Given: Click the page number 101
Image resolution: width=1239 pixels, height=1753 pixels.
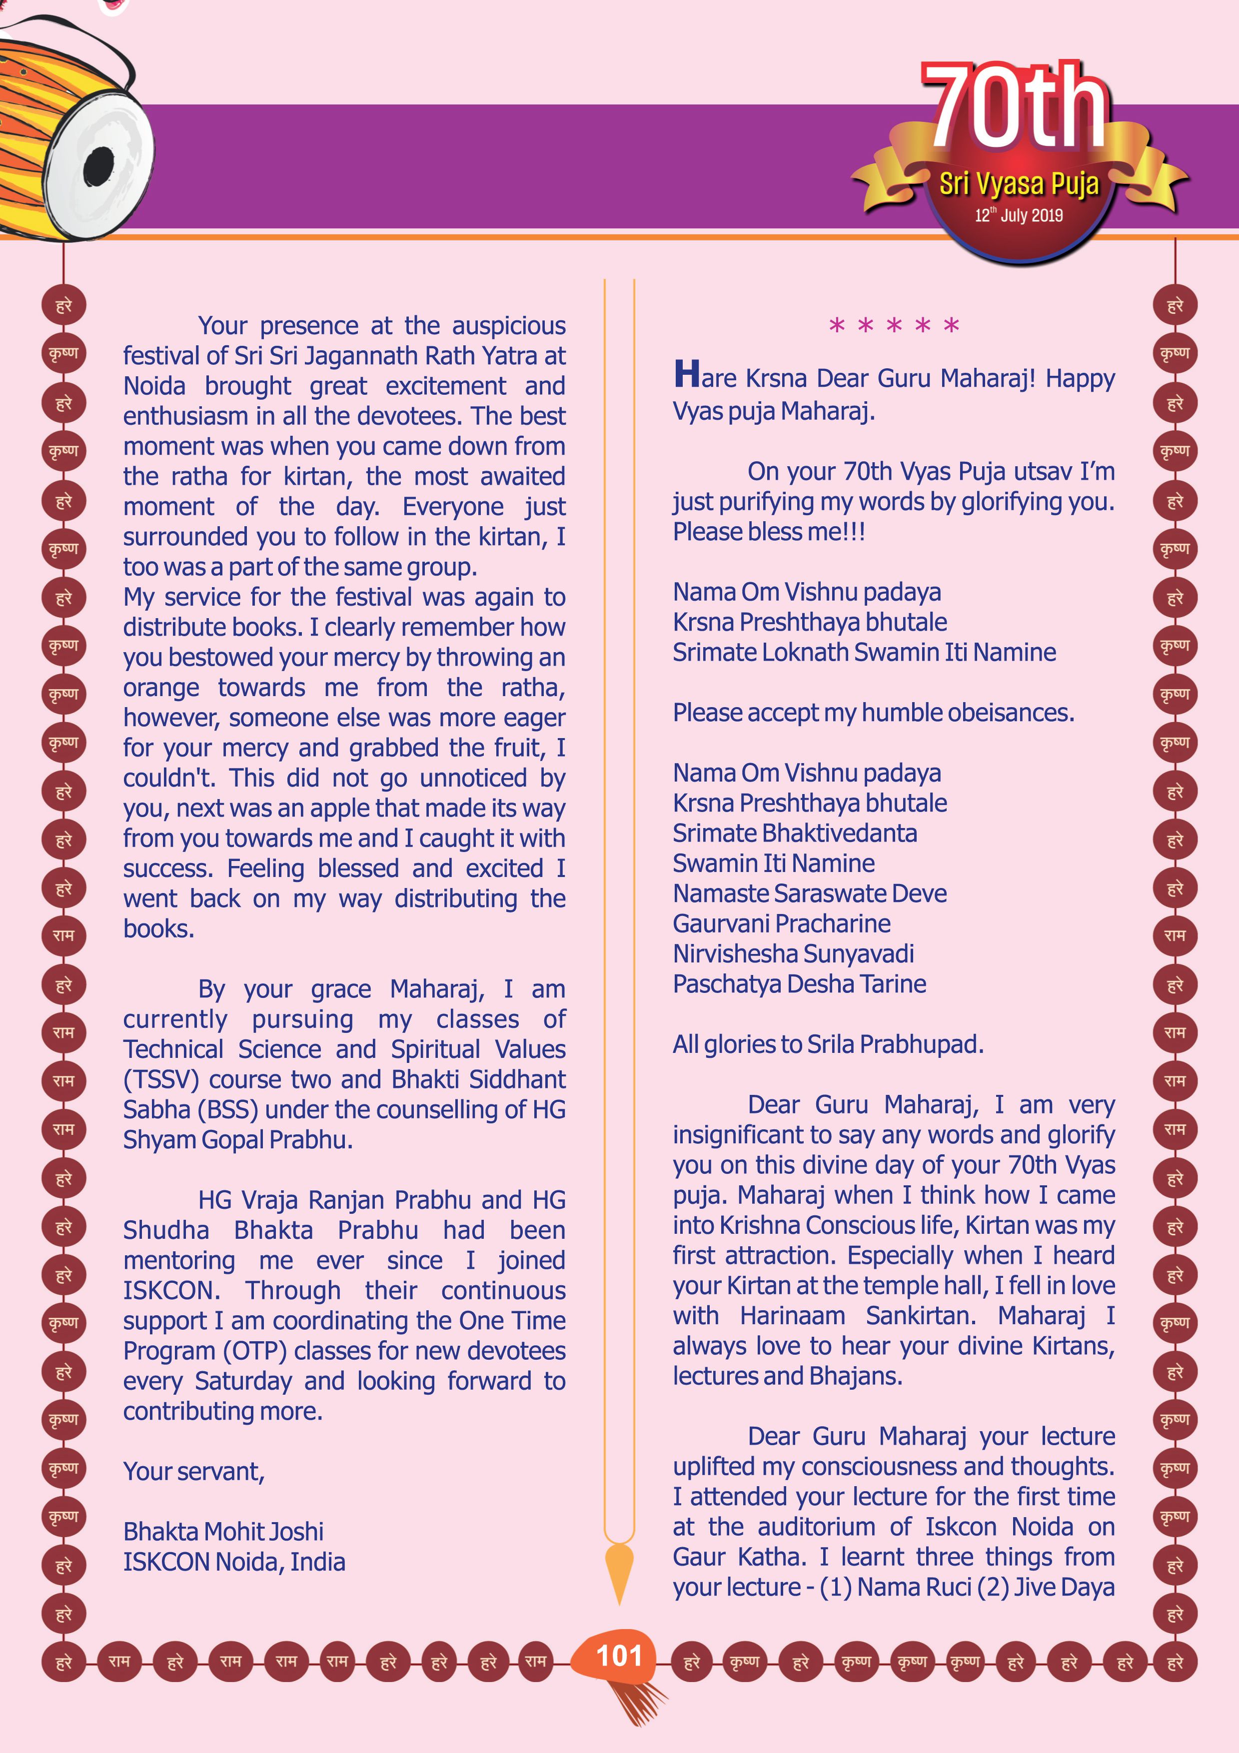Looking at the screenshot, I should pos(619,1656).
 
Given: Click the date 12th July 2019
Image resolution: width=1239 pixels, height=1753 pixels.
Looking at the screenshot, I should pos(1019,215).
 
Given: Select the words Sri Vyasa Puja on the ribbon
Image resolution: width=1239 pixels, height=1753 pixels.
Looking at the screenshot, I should pos(1019,183).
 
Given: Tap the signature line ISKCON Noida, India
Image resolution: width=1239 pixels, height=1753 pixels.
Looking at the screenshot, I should pos(233,1562).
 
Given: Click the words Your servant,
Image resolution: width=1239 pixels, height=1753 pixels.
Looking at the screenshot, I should pos(194,1471).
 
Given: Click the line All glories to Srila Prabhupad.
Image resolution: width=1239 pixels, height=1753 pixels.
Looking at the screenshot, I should pos(828,1044).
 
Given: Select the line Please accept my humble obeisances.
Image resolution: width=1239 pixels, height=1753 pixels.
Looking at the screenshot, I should pos(873,713).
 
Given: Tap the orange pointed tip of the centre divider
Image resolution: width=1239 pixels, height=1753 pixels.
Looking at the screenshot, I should pos(619,1573).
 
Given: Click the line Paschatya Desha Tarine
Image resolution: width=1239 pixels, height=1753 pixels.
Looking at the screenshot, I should pos(799,983).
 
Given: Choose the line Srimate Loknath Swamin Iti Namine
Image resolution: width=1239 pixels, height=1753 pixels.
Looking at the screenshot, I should pos(864,652).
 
